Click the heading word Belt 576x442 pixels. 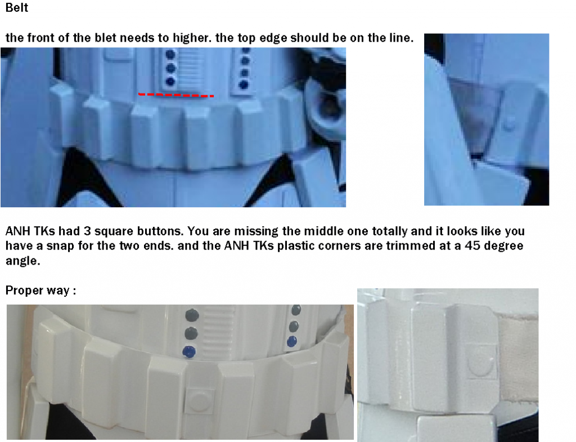tap(17, 7)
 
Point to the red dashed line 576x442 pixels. tap(176, 95)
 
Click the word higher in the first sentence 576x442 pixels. tap(192, 38)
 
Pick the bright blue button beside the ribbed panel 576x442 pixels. tap(189, 351)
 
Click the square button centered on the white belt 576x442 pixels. tap(198, 400)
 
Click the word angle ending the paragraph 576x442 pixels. tap(22, 261)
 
